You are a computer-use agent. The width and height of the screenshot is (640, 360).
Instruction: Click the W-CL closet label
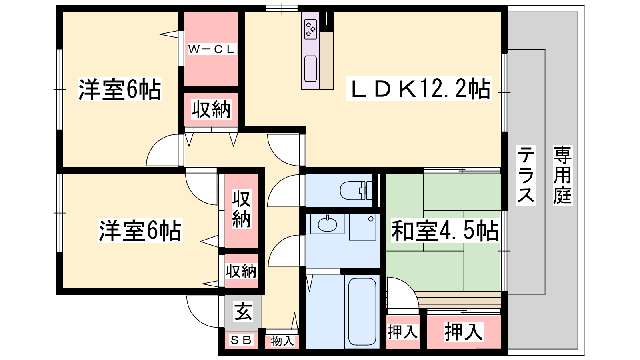[x=212, y=50]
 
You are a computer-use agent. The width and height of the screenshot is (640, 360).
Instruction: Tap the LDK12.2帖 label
[x=419, y=89]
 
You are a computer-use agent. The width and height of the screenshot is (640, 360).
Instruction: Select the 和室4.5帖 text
[x=444, y=230]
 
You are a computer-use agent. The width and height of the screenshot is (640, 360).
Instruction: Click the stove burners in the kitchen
[x=310, y=29]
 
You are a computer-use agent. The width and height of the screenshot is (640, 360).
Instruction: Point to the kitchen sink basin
[x=310, y=68]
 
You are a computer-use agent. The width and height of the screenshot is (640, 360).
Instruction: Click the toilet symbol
[x=356, y=190]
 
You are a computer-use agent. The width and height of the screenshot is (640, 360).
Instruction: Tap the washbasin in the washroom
[x=327, y=224]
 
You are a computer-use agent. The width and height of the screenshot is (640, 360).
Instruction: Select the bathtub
[x=362, y=312]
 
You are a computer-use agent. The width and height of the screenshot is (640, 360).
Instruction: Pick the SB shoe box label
[x=241, y=340]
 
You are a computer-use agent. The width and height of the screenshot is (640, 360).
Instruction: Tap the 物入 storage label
[x=282, y=341]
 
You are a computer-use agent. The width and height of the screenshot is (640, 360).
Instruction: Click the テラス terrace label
[x=526, y=175]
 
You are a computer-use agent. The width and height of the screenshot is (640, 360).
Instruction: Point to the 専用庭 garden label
[x=562, y=175]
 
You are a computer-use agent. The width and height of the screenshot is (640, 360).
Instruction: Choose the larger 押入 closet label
[x=464, y=332]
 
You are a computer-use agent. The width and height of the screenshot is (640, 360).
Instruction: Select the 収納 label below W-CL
[x=211, y=110]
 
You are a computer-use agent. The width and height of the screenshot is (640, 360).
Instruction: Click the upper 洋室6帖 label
[x=120, y=89]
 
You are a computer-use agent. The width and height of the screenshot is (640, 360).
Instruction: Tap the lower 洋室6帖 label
[x=140, y=230]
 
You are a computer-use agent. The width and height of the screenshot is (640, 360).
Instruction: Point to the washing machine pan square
[x=362, y=227]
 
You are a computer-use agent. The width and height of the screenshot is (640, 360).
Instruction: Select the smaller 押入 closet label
[x=402, y=332]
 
